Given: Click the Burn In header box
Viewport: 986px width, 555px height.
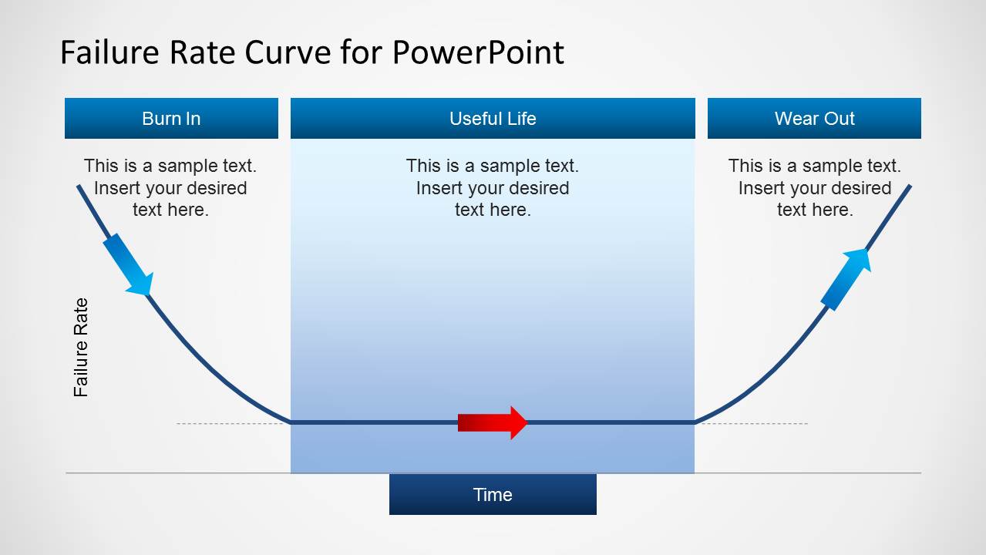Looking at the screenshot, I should (x=171, y=118).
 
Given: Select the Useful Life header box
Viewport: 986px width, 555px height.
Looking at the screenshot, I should (x=493, y=118).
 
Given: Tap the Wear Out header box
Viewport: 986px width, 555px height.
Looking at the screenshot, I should (x=814, y=118).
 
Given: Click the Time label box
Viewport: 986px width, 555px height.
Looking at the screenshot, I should (x=493, y=494).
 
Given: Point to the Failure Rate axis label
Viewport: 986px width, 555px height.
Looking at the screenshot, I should (x=81, y=347).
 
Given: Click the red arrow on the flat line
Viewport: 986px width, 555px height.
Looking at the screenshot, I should (x=492, y=422).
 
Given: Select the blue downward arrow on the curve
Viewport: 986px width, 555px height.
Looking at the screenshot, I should (x=127, y=264).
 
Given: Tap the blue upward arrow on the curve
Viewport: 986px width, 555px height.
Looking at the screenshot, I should (x=846, y=278).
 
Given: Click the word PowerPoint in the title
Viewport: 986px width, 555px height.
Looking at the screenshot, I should (x=478, y=52).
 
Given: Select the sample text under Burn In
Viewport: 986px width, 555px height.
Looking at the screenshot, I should (x=170, y=187).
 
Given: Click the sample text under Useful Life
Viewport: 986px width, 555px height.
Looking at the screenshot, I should (x=493, y=187).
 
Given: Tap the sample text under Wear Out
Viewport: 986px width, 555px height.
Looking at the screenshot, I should (x=814, y=187).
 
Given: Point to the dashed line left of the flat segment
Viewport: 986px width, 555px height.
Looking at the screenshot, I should (x=231, y=423).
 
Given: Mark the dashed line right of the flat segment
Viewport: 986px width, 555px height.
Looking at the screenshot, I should (x=752, y=423).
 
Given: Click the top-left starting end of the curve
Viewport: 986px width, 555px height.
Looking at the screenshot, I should (x=79, y=187).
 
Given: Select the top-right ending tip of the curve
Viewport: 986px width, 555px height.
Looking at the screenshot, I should (x=910, y=187).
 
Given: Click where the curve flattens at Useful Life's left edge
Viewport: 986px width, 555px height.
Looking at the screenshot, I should (x=291, y=422).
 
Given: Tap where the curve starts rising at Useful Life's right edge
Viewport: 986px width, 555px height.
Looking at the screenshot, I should (x=695, y=422).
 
